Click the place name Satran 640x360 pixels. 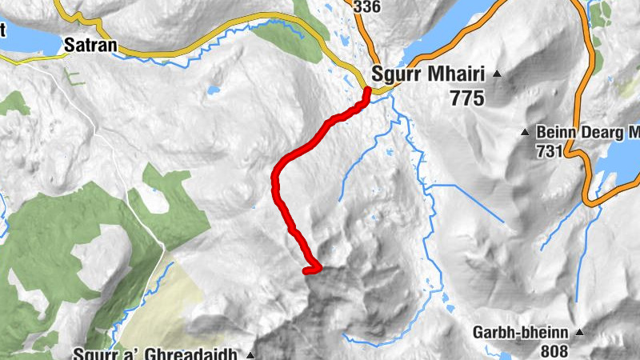click(90, 46)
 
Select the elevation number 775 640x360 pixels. click(467, 98)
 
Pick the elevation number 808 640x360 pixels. click(553, 350)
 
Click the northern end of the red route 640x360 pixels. click(367, 91)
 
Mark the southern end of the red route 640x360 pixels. click(306, 271)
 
